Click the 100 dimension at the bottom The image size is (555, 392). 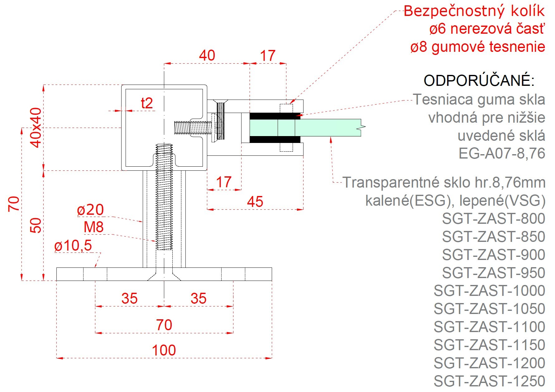[x=164, y=350]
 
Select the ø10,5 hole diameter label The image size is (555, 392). [x=73, y=246]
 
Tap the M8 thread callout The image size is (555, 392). [x=93, y=227]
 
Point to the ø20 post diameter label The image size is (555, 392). [x=90, y=210]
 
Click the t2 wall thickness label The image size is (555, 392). [x=147, y=103]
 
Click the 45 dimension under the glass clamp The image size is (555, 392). [x=255, y=202]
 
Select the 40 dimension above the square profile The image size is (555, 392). [x=207, y=56]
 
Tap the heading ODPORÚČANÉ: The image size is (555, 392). [x=479, y=81]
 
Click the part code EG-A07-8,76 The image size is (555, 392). [x=502, y=154]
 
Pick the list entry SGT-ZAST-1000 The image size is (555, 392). [x=489, y=291]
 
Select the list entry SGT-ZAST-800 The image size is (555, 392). [x=493, y=218]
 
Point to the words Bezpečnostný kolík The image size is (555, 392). [x=474, y=11]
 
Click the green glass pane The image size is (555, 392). [x=327, y=127]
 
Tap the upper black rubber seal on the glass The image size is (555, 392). [x=274, y=116]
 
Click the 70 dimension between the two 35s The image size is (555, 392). [x=164, y=325]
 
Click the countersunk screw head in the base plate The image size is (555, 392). [x=164, y=277]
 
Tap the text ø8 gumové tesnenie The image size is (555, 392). [x=477, y=47]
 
